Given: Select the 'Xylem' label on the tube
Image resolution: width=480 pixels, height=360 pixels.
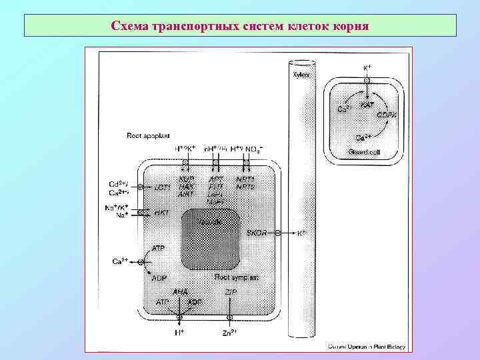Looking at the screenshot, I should click(x=302, y=75).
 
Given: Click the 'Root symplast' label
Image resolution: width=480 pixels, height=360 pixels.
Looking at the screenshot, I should click(x=236, y=276).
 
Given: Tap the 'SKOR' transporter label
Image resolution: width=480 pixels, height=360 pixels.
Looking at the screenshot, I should click(x=256, y=233).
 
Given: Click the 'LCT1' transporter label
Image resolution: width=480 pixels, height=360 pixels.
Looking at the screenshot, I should click(x=163, y=188).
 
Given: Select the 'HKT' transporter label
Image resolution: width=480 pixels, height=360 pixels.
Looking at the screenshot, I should click(x=161, y=212).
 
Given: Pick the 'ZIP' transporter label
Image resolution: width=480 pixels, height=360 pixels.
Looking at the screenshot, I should click(x=229, y=292).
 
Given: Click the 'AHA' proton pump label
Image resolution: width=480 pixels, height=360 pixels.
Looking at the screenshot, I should click(x=180, y=292).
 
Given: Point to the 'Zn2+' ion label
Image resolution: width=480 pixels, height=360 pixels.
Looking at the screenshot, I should click(x=229, y=331).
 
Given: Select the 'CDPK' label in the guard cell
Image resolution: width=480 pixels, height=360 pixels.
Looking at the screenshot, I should click(x=387, y=115).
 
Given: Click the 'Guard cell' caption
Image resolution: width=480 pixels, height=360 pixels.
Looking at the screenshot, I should click(x=363, y=152).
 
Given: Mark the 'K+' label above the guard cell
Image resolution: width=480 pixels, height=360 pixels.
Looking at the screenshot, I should click(x=367, y=68).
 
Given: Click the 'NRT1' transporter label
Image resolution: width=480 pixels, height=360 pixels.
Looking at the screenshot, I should click(x=245, y=179).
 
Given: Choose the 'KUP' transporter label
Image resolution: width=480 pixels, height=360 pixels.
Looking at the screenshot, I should click(x=186, y=179).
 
